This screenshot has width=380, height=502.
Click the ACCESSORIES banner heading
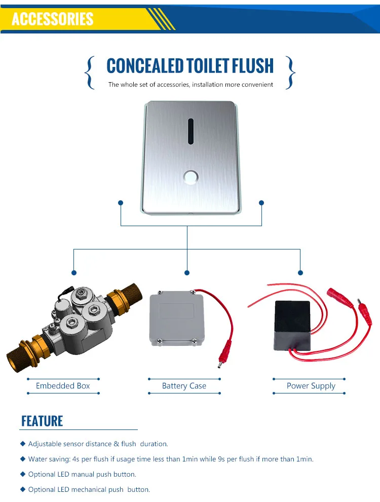(x=53, y=19)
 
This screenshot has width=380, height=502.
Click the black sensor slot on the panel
(x=191, y=131)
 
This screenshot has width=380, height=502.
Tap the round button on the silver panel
(x=191, y=177)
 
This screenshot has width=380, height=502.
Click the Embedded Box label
(x=63, y=386)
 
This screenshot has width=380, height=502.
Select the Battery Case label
(x=184, y=386)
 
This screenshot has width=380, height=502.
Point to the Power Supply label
(x=311, y=386)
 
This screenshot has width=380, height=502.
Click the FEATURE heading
(x=42, y=421)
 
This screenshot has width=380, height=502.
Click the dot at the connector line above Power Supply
(x=300, y=272)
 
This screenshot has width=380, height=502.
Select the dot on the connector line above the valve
(x=74, y=272)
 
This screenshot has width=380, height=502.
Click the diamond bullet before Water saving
(x=23, y=459)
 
